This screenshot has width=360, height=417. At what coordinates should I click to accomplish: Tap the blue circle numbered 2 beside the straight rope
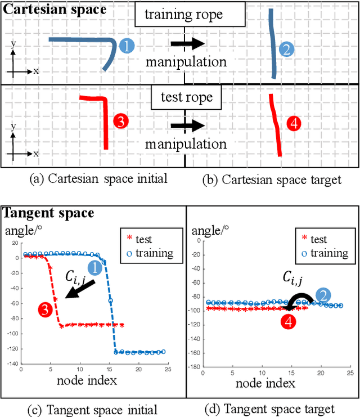click(x=286, y=50)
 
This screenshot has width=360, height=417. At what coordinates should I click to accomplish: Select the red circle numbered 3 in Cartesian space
click(x=121, y=120)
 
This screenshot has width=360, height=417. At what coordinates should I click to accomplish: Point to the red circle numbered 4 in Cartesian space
click(x=293, y=123)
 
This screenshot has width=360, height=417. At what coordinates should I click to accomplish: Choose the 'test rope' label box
click(x=186, y=97)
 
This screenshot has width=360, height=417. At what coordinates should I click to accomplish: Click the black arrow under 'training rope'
click(x=187, y=43)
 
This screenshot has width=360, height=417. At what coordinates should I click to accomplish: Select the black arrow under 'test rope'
click(x=187, y=125)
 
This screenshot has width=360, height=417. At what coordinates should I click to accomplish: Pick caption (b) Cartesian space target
click(x=271, y=180)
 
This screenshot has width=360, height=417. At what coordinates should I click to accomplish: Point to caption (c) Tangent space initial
click(x=92, y=409)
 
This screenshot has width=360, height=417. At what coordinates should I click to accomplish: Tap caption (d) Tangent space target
click(x=270, y=409)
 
